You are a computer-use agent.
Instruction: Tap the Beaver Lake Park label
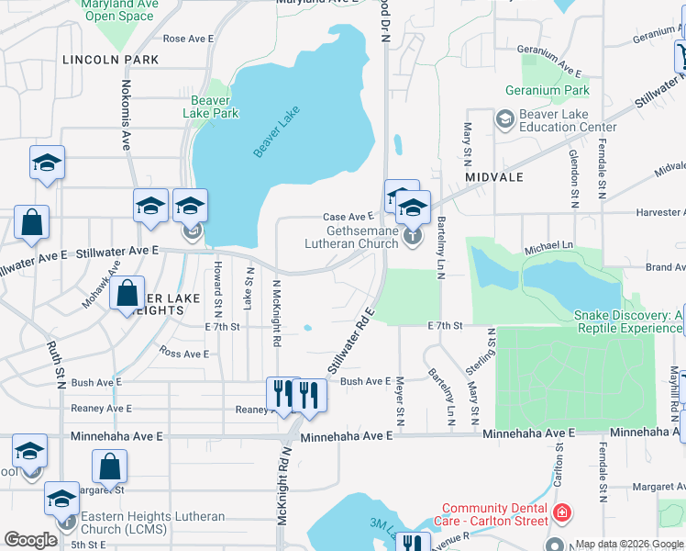point(215,107)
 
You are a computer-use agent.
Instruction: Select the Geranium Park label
point(547,91)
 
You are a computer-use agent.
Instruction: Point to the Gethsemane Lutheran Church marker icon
point(413,237)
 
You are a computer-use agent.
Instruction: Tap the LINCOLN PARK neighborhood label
point(111,60)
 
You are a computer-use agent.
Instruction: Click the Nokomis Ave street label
point(126,115)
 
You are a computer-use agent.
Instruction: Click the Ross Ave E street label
point(184,354)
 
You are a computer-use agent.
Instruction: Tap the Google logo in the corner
point(30,540)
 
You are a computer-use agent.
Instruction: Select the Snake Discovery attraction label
point(628,321)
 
